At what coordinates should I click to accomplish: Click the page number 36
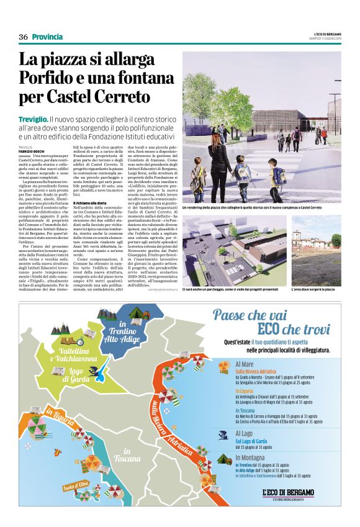click(x=23, y=37)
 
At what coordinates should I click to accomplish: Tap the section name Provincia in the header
click(x=50, y=37)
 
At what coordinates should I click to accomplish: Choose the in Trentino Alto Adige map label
click(x=119, y=331)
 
